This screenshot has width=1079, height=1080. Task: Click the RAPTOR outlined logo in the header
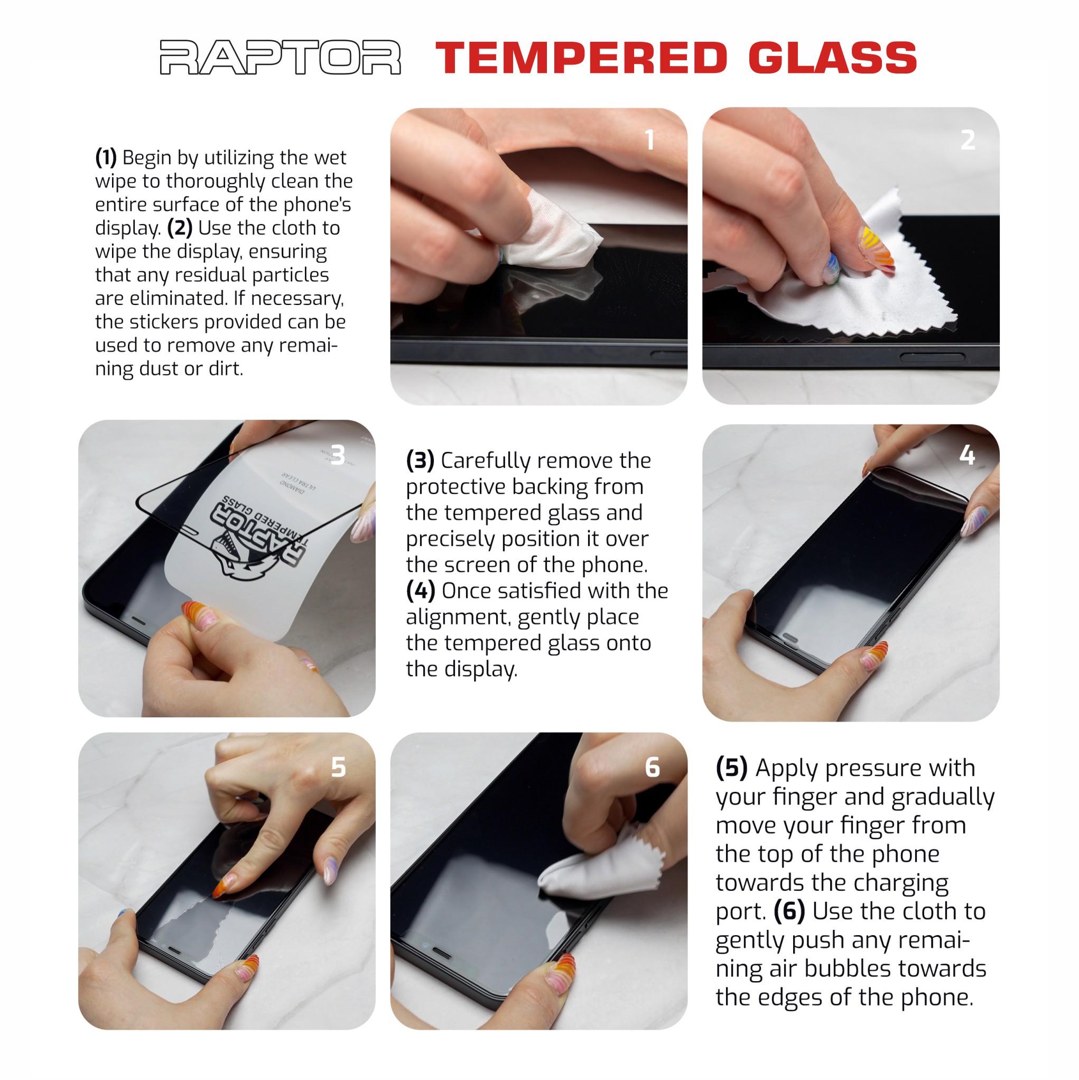280,57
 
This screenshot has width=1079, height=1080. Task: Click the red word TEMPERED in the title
581,58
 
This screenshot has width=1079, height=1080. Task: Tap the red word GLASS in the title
832,58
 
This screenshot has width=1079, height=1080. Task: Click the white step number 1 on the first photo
649,140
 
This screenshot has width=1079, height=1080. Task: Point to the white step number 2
968,140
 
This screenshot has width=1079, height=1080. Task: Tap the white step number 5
338,767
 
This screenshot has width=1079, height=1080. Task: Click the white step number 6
652,767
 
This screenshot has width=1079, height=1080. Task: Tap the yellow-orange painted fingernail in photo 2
876,246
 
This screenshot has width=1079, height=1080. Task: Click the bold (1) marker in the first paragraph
106,158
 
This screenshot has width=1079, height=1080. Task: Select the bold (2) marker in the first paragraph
179,228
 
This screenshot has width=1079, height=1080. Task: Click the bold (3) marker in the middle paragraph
420,460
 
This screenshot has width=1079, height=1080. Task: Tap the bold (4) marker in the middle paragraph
420,591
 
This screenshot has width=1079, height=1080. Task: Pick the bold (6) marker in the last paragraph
788,911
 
